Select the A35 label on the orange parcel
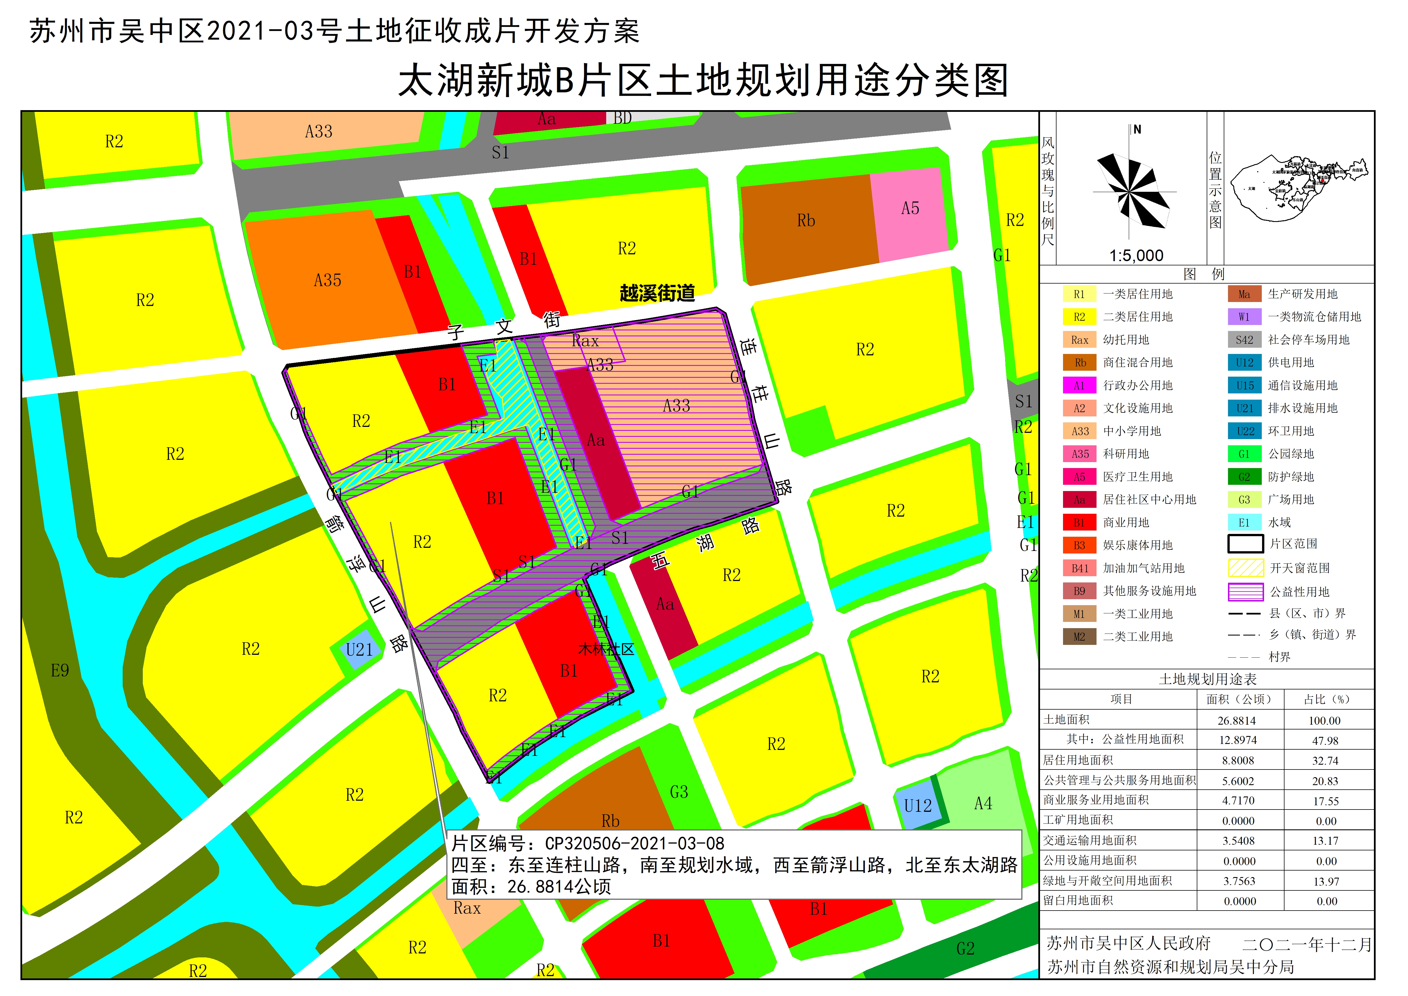click(x=328, y=281)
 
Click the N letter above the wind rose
click(x=1137, y=129)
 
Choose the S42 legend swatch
click(x=1244, y=340)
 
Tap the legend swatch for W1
click(x=1244, y=317)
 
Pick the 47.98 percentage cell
click(x=1325, y=741)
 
